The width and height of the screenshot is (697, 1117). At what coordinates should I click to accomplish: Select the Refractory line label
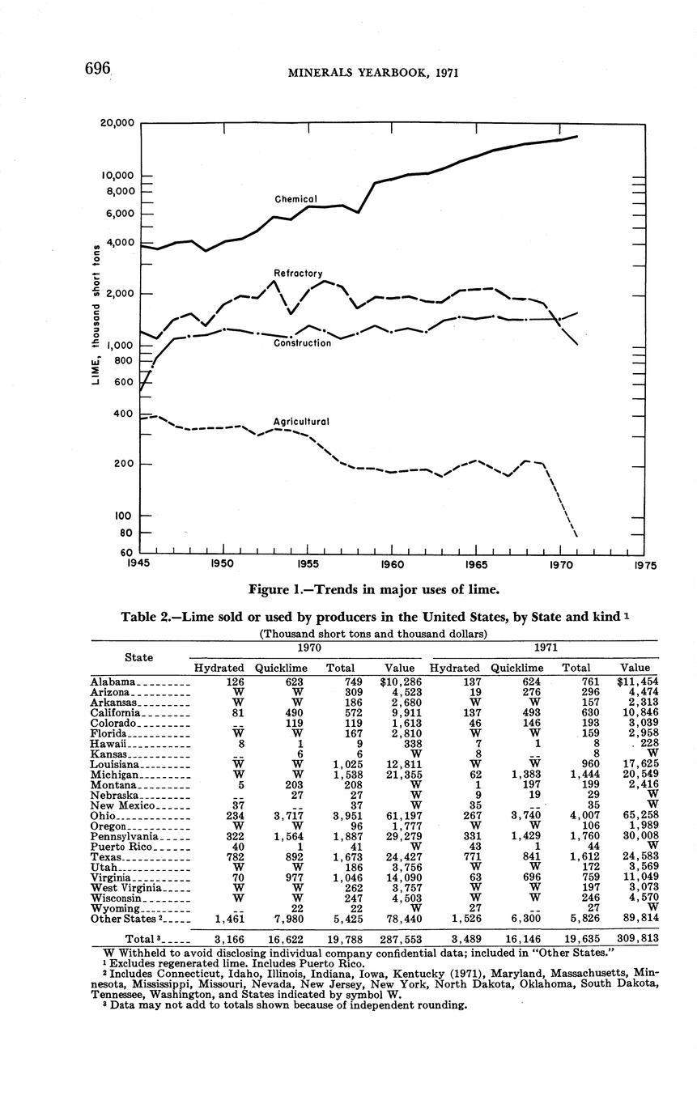point(299,274)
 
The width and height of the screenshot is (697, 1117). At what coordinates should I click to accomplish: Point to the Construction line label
point(302,343)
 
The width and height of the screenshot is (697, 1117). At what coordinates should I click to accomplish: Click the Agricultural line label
point(301,422)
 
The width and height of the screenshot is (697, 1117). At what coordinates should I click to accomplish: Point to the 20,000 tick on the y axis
point(117,123)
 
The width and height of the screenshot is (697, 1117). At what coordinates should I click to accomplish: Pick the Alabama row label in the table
point(117,682)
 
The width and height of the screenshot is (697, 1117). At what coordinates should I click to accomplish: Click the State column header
point(138,656)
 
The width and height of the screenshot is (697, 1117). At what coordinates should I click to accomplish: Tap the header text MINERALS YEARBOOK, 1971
point(373,73)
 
